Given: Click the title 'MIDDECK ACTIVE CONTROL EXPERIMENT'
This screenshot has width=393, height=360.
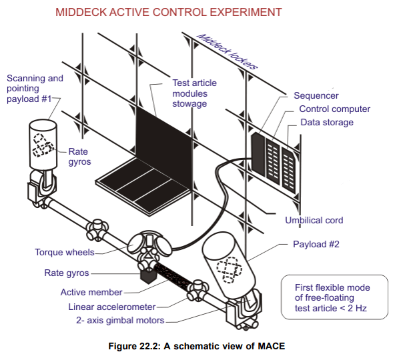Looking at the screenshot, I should pos(168,13).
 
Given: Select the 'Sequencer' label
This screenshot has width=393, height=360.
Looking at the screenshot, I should pos(316,96).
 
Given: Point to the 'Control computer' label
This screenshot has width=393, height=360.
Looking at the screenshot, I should pos(334,109).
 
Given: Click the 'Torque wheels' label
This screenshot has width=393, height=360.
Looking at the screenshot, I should pos(65,252).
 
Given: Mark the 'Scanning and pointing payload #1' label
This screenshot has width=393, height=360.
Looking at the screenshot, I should pos(35,89).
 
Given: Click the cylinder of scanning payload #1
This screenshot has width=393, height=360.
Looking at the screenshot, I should pos(46,143).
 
